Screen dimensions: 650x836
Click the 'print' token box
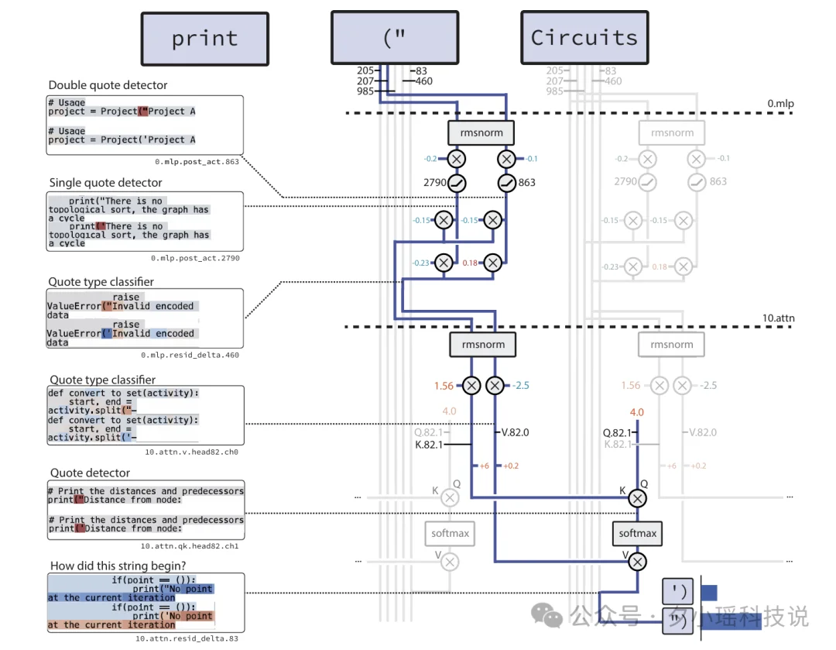(x=204, y=39)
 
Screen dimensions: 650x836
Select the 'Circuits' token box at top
(x=584, y=38)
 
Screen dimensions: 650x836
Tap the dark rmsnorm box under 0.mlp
(x=481, y=132)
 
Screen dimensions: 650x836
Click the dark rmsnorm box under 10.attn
(x=481, y=345)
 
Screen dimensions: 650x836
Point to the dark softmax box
(x=638, y=533)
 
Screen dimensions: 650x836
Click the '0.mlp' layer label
(x=780, y=104)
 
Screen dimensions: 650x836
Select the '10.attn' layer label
(x=779, y=318)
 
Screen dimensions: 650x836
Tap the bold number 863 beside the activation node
(x=527, y=183)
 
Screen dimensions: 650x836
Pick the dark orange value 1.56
(x=444, y=386)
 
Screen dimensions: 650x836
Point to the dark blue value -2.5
(x=521, y=386)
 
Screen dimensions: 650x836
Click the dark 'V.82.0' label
(x=516, y=432)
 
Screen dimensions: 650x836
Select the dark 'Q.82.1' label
(x=617, y=432)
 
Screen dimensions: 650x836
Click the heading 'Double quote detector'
(x=108, y=85)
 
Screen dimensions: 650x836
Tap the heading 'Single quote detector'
(x=106, y=183)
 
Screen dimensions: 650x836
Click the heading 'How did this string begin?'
(x=118, y=566)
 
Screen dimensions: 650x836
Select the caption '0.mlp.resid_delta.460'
(x=190, y=355)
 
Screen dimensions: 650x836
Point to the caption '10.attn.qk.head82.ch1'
(x=190, y=546)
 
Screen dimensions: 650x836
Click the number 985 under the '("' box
(x=366, y=91)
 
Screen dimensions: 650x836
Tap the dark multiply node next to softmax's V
(x=637, y=561)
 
